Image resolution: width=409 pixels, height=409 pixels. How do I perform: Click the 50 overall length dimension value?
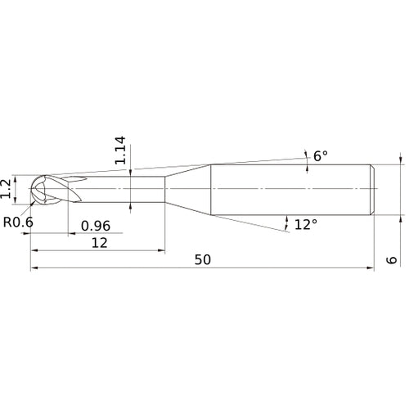pos(204,259)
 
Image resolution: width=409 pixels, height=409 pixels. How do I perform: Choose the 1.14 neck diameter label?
pos(122,152)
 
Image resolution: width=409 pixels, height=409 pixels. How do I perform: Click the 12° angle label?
pos(305,224)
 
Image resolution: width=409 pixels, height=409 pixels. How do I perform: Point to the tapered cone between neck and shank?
pos(188,190)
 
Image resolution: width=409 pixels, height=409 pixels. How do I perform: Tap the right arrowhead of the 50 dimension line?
pos(372,267)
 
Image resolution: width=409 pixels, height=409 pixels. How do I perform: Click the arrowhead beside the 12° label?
pos(287,219)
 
